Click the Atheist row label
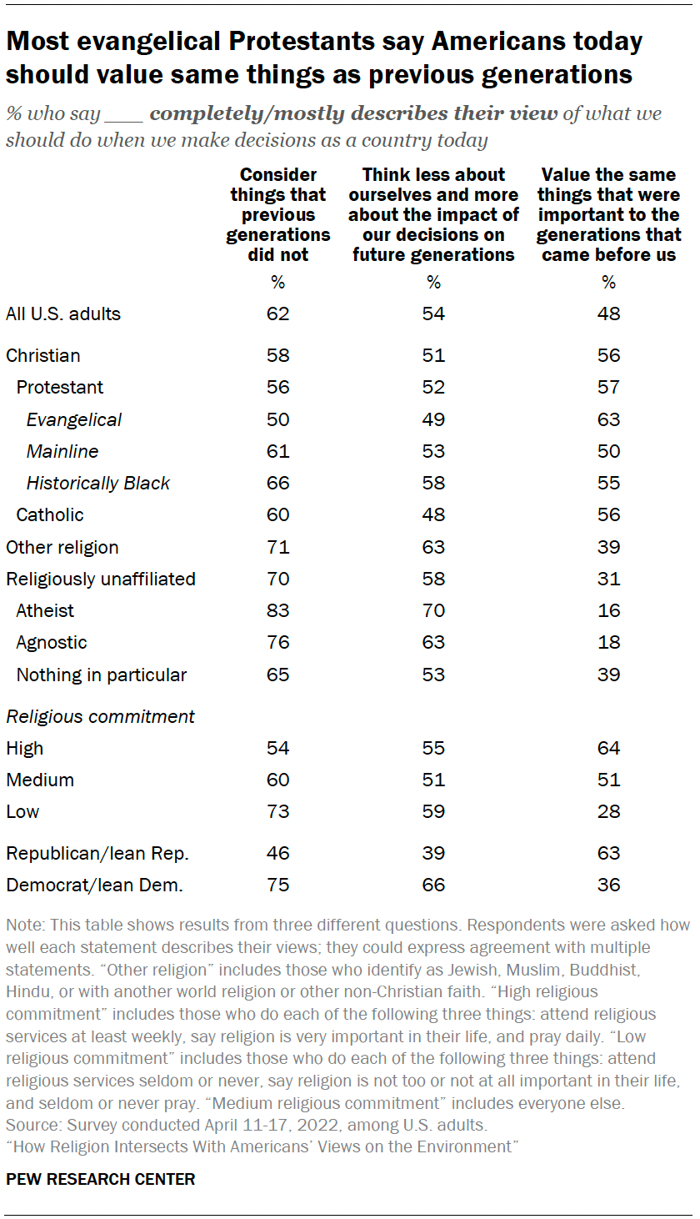pyautogui.click(x=45, y=611)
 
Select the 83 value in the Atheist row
pyautogui.click(x=277, y=611)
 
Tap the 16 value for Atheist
pyautogui.click(x=608, y=611)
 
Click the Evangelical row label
pyautogui.click(x=73, y=419)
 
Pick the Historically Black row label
pyautogui.click(x=97, y=484)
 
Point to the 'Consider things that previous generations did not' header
pyautogui.click(x=277, y=214)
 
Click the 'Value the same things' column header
pyautogui.click(x=608, y=214)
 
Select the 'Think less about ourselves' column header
pyautogui.click(x=433, y=214)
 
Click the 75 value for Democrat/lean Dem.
pyautogui.click(x=277, y=885)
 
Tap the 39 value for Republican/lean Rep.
pyautogui.click(x=433, y=853)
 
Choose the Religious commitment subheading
pyautogui.click(x=100, y=716)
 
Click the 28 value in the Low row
pyautogui.click(x=608, y=812)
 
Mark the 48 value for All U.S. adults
pyautogui.click(x=608, y=314)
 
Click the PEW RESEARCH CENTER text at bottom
pyautogui.click(x=100, y=1179)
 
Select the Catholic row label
pyautogui.click(x=50, y=515)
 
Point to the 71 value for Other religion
pyautogui.click(x=277, y=548)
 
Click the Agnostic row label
pyautogui.click(x=52, y=643)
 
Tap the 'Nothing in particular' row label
pyautogui.click(x=102, y=675)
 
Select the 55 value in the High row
pyautogui.click(x=433, y=748)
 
